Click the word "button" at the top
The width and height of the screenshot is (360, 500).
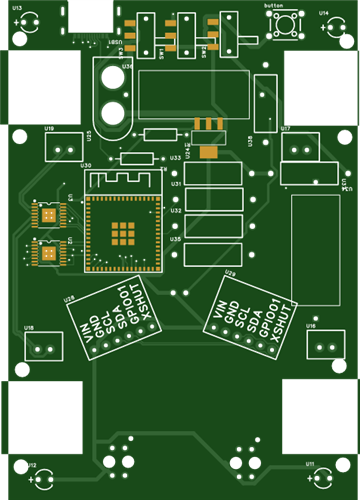[x=273, y=6]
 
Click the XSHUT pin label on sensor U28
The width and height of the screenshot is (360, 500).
[x=147, y=305]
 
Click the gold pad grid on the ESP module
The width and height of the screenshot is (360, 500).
[x=123, y=233]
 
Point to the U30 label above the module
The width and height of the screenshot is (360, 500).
[x=86, y=165]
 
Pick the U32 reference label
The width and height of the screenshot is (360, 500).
[x=175, y=211]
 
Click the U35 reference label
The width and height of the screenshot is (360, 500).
[x=175, y=239]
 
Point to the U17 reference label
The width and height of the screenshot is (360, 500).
[x=286, y=129]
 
